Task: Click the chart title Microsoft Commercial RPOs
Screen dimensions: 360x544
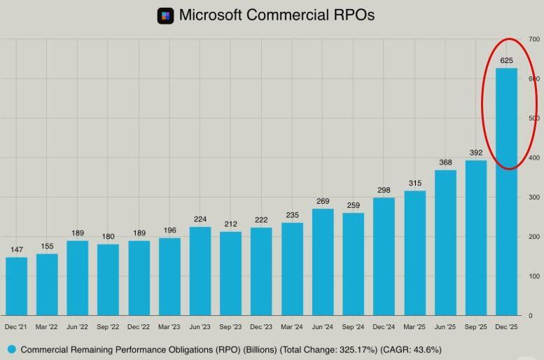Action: tap(277, 15)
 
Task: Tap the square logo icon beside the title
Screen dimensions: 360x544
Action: tap(165, 15)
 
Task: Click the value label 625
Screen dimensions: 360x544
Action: tap(506, 61)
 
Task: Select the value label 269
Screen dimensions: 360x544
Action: tap(323, 202)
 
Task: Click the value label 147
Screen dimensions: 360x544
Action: tap(16, 250)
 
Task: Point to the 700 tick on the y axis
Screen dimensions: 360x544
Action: tap(534, 40)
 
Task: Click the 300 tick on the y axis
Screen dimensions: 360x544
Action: tap(534, 198)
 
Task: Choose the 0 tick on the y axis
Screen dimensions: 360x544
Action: tap(531, 316)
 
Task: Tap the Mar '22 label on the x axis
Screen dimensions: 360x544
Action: tap(47, 327)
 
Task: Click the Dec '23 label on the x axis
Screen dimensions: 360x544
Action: tap(261, 327)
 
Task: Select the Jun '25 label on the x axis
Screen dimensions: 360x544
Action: tap(445, 327)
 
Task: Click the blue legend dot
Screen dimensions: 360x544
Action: tap(11, 349)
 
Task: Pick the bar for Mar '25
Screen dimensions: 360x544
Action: tap(414, 253)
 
